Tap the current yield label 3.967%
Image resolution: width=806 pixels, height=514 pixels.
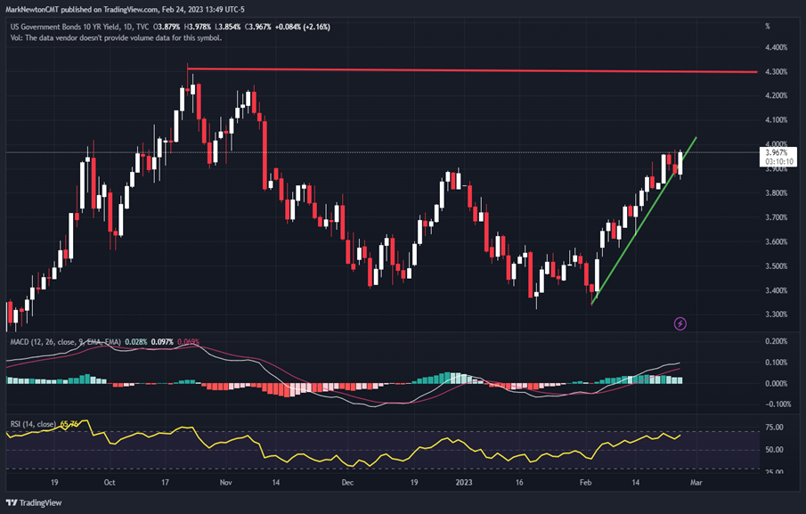coord(777,152)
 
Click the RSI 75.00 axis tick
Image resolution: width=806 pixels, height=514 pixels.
coord(776,428)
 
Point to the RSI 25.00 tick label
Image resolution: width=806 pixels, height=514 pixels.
coord(776,472)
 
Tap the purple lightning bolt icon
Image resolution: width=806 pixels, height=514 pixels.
coord(681,323)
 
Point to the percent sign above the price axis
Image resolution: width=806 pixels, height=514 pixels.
coord(768,26)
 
